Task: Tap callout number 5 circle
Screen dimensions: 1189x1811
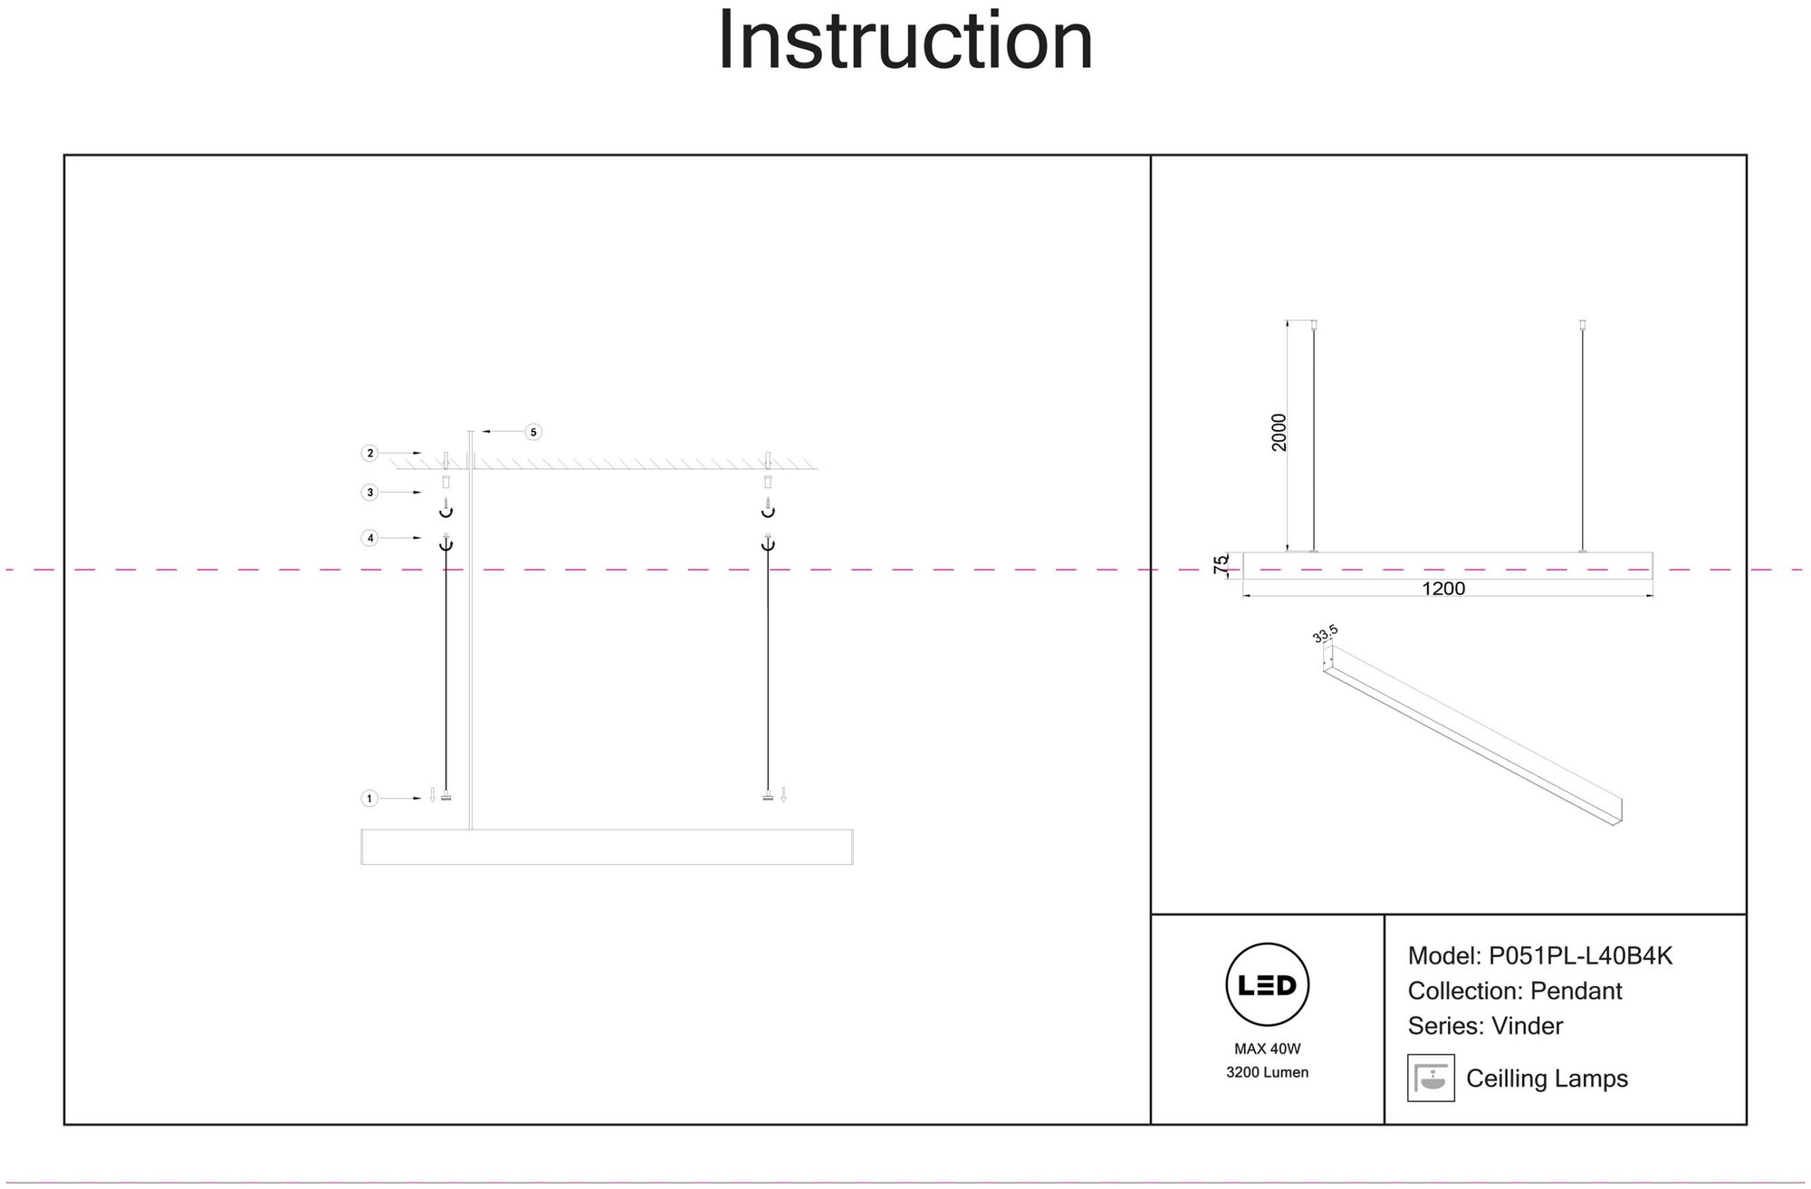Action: [x=533, y=432]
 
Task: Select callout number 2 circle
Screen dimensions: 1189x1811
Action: [x=369, y=453]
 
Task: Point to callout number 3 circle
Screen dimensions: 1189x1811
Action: [x=369, y=493]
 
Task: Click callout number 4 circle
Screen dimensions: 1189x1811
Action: [x=369, y=538]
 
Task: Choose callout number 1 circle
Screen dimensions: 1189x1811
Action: [x=369, y=799]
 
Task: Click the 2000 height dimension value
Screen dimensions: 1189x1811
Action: [x=1279, y=433]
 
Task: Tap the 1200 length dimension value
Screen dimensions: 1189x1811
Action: [x=1443, y=589]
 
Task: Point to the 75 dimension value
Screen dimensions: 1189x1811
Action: [x=1222, y=563]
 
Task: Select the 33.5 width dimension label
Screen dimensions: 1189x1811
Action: [x=1325, y=634]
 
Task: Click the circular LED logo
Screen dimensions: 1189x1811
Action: [x=1267, y=985]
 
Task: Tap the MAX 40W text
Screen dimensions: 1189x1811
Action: [x=1267, y=1049]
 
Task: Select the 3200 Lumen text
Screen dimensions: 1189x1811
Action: [x=1267, y=1072]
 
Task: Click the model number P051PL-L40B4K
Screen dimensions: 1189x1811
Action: [x=1580, y=956]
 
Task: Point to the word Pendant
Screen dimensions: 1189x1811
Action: [x=1576, y=991]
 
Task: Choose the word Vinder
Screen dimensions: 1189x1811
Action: [x=1527, y=1026]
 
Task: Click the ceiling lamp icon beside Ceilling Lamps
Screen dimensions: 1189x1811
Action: [x=1431, y=1078]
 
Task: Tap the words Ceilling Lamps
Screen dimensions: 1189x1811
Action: [x=1547, y=1079]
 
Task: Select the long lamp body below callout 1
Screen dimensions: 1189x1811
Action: [x=607, y=847]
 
